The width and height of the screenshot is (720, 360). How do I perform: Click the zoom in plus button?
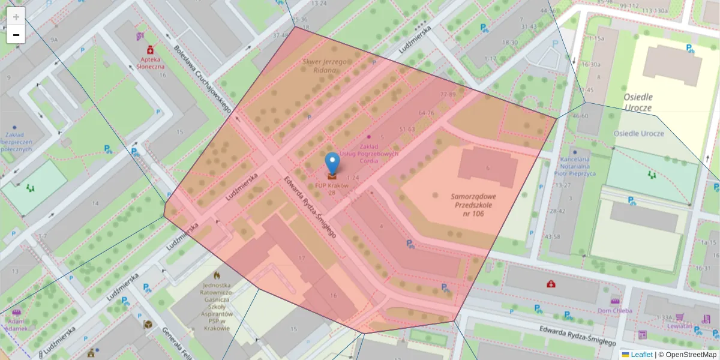coord(16,17)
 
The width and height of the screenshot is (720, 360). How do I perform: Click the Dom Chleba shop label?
coord(615,310)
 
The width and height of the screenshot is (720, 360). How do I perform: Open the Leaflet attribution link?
coord(641,355)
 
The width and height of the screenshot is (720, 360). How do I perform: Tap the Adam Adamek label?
coord(16,325)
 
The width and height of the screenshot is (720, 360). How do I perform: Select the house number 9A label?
coord(54,40)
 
